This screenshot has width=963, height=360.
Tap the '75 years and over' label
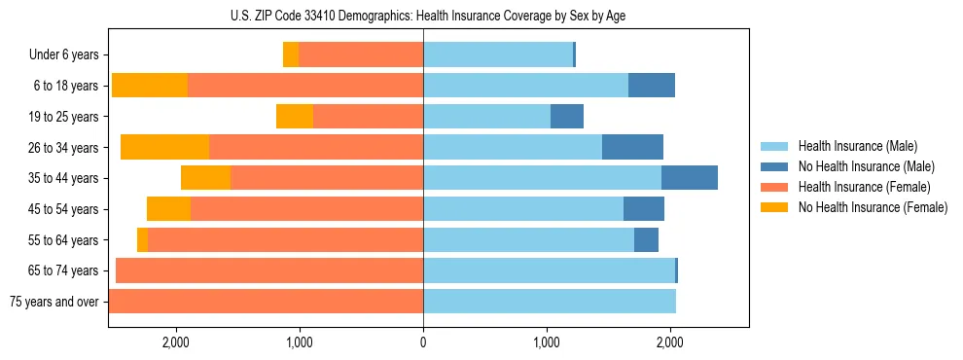pyautogui.click(x=53, y=302)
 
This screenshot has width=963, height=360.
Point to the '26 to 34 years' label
pyautogui.click(x=63, y=148)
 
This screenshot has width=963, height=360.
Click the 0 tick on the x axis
pyautogui.click(x=423, y=342)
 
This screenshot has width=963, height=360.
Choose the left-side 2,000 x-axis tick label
pyautogui.click(x=176, y=342)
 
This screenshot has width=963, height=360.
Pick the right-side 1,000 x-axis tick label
pyautogui.click(x=546, y=342)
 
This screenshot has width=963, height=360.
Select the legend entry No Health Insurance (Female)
pyautogui.click(x=873, y=207)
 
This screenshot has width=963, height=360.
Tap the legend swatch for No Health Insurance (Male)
pyautogui.click(x=774, y=166)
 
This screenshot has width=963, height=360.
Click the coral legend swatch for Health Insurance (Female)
pyautogui.click(x=774, y=187)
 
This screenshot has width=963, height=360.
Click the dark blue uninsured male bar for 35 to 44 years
pyautogui.click(x=690, y=178)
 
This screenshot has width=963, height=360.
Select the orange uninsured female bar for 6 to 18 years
pyautogui.click(x=150, y=86)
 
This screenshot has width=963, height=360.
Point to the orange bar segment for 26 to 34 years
pyautogui.click(x=164, y=147)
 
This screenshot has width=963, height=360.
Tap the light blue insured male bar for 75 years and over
pyautogui.click(x=550, y=302)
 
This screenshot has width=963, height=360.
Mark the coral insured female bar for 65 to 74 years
pyautogui.click(x=269, y=270)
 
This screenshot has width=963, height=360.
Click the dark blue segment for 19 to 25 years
pyautogui.click(x=567, y=117)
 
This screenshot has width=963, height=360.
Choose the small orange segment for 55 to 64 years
pyautogui.click(x=143, y=239)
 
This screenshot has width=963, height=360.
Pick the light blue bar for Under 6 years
pyautogui.click(x=498, y=55)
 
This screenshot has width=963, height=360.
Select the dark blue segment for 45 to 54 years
pyautogui.click(x=644, y=209)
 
